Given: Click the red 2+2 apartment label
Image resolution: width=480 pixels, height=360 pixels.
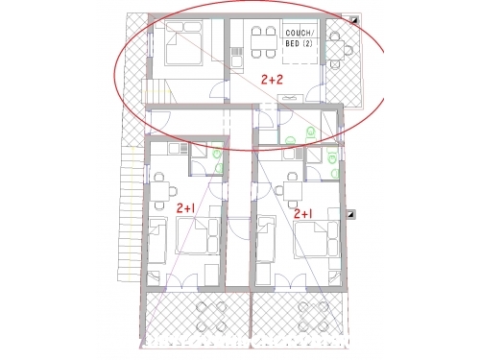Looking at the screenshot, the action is pos(272,80).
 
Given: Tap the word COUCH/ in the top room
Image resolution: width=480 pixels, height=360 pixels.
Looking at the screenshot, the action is pos(298,33).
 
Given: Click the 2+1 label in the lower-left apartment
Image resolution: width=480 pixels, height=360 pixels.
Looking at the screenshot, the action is pos(186,208).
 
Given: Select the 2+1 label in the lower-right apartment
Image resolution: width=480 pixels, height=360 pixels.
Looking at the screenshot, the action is pos(303,214).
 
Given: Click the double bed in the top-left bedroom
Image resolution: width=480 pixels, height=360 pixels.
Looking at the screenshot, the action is pos(183,43).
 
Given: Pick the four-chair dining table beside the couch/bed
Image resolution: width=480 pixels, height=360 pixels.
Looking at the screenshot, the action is pos(264,42).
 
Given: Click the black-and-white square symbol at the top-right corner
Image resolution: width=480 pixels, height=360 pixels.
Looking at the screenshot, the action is pos(354,20).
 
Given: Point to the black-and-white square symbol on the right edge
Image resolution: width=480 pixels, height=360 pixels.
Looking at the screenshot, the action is pos(351,214).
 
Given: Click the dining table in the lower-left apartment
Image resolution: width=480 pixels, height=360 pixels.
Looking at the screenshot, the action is pos(160,191).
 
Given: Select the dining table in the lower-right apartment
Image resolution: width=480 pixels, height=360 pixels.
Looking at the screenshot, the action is pos(293,191).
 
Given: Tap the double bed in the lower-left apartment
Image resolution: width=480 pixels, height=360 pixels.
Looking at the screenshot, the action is pos(198,236).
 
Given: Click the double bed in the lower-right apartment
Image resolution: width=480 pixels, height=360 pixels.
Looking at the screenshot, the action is pos(317,239).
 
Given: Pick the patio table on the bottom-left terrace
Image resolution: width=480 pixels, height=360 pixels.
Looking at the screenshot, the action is pos(211,317).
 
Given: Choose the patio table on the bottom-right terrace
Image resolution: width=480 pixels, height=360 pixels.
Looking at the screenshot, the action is pos(313,317).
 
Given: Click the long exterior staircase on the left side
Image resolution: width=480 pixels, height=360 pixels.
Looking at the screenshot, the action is pos(132,213).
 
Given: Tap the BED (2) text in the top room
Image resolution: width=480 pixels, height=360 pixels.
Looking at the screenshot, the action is pos(299,43).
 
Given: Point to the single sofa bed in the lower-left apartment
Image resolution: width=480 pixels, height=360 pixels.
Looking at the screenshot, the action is pos(157,241).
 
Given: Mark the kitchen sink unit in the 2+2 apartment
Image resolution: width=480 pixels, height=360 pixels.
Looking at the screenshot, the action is pos(237,57).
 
